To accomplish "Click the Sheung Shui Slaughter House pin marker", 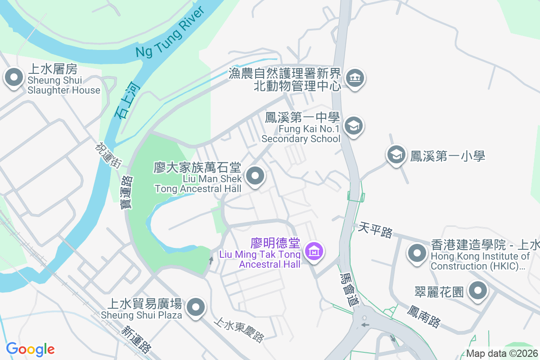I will [14, 78].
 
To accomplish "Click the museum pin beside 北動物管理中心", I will [355, 79].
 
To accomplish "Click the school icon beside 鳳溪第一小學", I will [396, 155].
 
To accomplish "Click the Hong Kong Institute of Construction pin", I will [418, 253].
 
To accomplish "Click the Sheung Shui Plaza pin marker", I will [195, 308].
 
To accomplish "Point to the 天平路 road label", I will [375, 230].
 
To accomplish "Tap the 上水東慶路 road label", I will [238, 330].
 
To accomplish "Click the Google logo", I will [30, 349].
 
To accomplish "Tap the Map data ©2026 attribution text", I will [501, 354].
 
